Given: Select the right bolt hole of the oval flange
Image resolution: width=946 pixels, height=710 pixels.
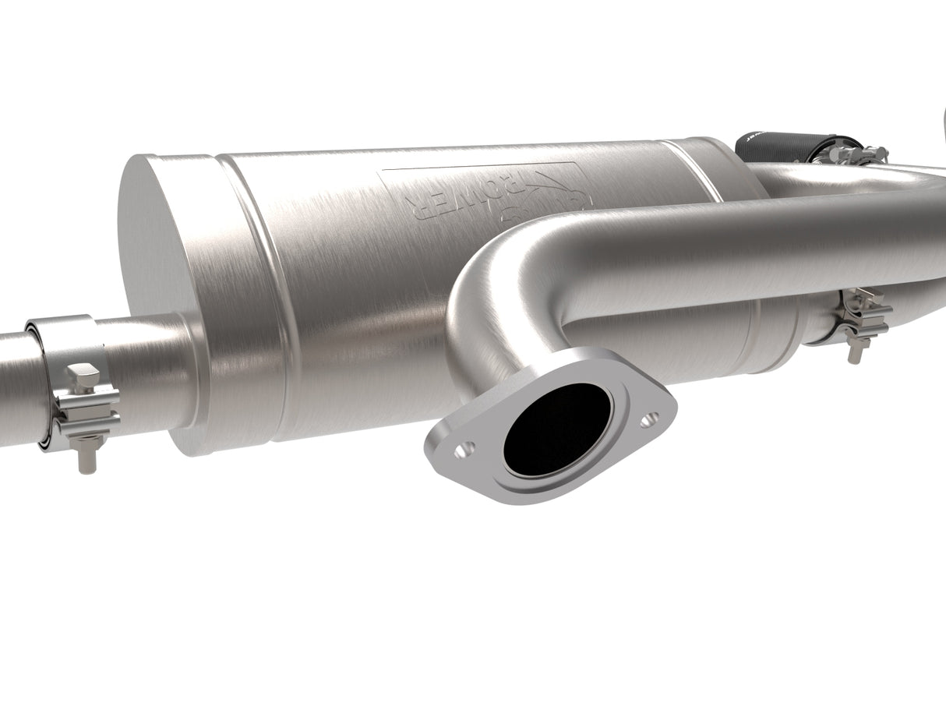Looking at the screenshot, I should [x=648, y=421].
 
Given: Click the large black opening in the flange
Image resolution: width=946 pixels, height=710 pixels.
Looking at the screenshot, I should [x=557, y=429].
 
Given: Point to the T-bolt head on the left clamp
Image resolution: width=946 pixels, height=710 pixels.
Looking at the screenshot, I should [x=83, y=378].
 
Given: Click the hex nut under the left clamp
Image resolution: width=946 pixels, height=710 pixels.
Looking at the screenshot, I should [x=84, y=447].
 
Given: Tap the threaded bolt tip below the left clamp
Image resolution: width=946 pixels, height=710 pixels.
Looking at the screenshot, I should [x=84, y=465].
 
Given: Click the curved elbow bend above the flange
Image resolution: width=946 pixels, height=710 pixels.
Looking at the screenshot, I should [x=499, y=296].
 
